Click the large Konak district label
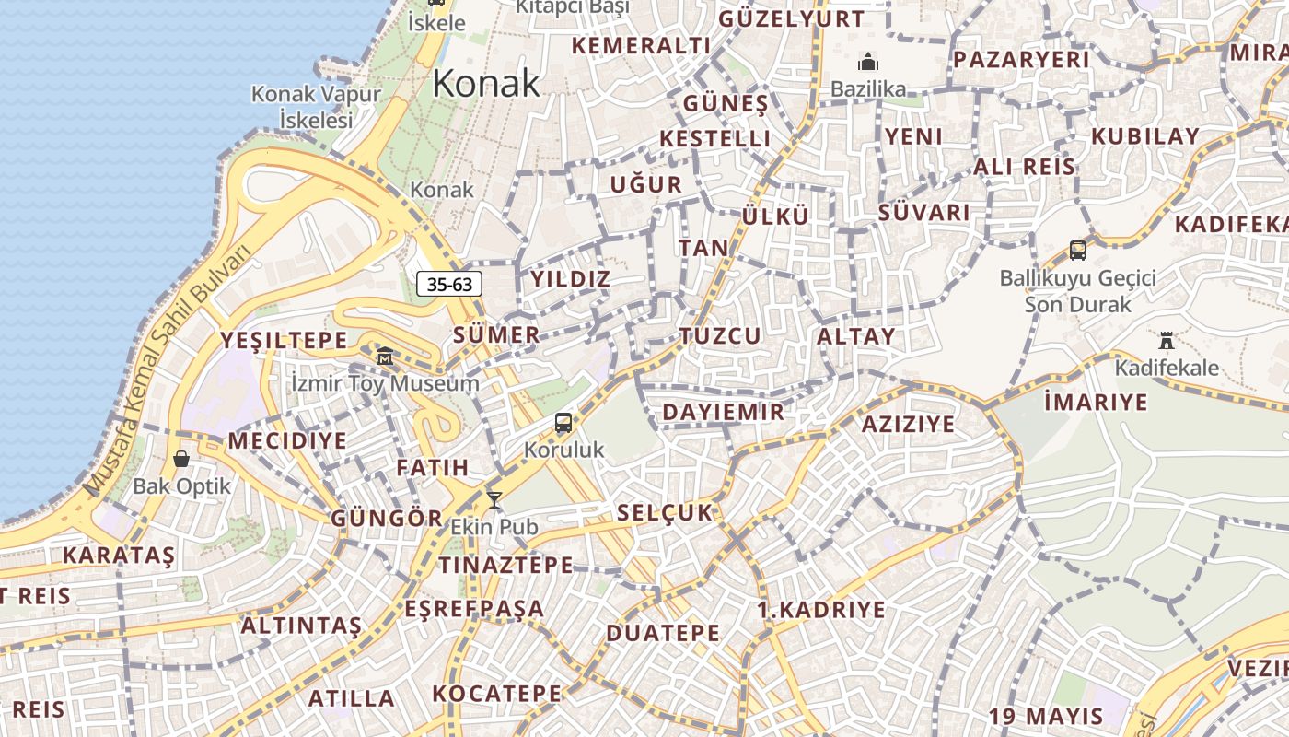pos(486,84)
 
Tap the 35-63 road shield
pos(450,284)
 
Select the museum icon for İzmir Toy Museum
pos(386,356)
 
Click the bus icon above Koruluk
pos(563,424)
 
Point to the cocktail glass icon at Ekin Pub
pos(494,500)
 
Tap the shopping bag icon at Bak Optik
pos(181,458)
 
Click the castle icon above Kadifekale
pos(1167,341)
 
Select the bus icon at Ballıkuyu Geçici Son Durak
pos(1078,250)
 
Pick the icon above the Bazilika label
pos(867,63)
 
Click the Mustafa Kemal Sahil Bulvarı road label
pos(168,370)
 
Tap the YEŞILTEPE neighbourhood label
pos(284,340)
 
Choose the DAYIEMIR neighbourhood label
pos(724,412)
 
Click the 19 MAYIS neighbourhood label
pos(1046,716)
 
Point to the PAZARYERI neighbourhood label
pos(1022,60)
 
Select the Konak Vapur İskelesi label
pos(316,107)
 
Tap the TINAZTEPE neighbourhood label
pos(505,565)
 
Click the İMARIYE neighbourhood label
pos(1097,402)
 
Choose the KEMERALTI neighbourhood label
pos(641,46)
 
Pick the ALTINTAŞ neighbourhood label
pos(301,626)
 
